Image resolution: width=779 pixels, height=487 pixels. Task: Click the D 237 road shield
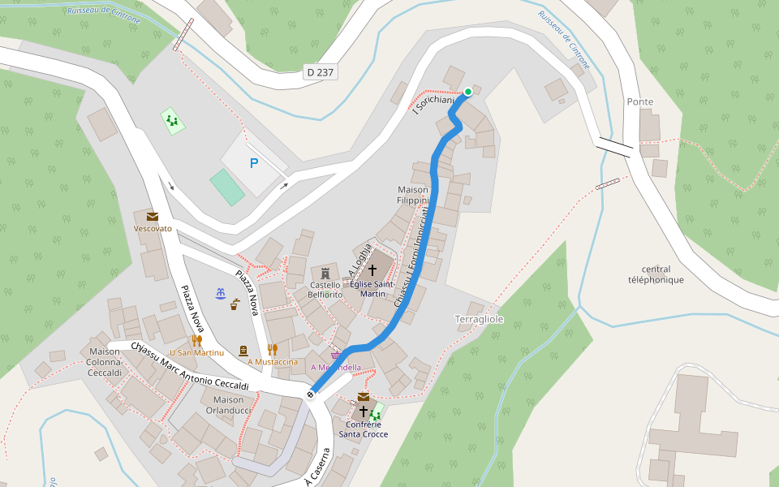click(321, 72)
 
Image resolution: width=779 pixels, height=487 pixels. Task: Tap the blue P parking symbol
click(254, 163)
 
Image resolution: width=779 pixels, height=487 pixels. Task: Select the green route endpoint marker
click(468, 92)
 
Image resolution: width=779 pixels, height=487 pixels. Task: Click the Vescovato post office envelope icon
click(153, 216)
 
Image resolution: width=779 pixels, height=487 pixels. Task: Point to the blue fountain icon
click(219, 293)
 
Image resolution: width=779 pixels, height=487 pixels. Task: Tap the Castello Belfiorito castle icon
click(325, 271)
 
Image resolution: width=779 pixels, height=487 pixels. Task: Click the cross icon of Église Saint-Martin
click(372, 269)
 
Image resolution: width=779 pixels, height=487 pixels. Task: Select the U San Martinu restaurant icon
click(196, 340)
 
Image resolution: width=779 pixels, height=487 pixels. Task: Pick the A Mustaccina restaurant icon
click(273, 350)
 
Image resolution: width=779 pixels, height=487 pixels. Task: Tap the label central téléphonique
click(656, 274)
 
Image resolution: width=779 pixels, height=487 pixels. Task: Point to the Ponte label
click(640, 101)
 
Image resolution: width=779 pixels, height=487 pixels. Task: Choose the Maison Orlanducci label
click(228, 405)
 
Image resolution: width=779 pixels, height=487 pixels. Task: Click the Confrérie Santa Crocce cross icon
click(364, 412)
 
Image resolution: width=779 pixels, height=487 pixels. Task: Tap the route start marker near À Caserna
click(310, 394)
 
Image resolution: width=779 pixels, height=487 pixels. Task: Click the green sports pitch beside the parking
click(227, 187)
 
